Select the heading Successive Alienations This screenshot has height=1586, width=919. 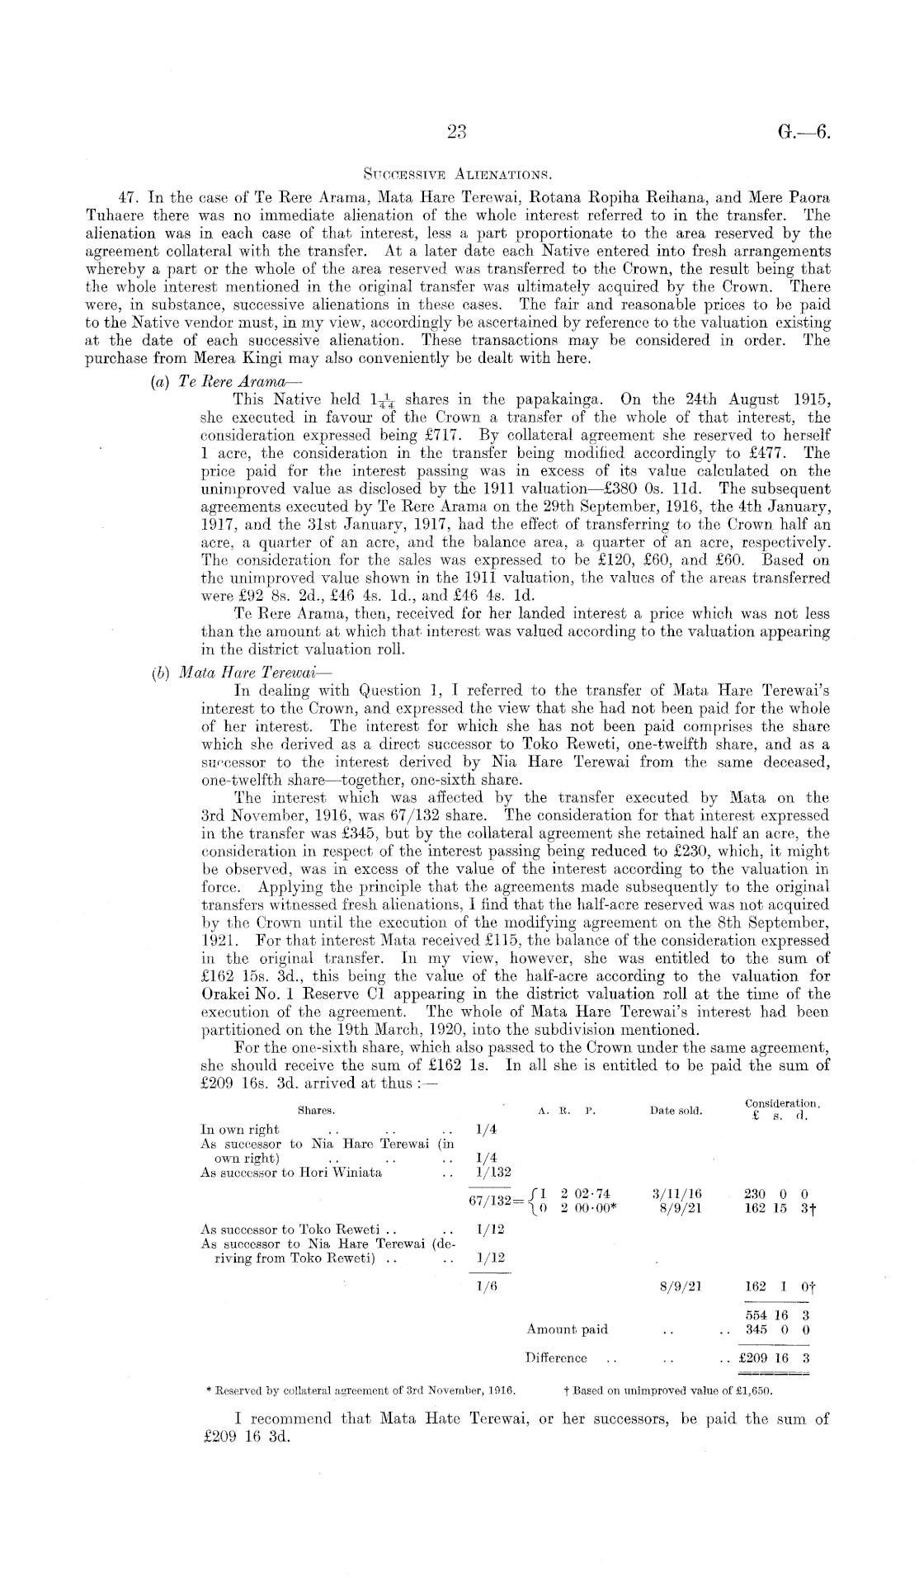tap(458, 174)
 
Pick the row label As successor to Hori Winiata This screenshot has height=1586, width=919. tap(291, 1173)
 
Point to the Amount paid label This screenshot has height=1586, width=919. tap(567, 1329)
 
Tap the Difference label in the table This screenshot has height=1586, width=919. tap(556, 1357)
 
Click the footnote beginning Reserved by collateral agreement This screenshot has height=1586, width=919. tap(360, 1390)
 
